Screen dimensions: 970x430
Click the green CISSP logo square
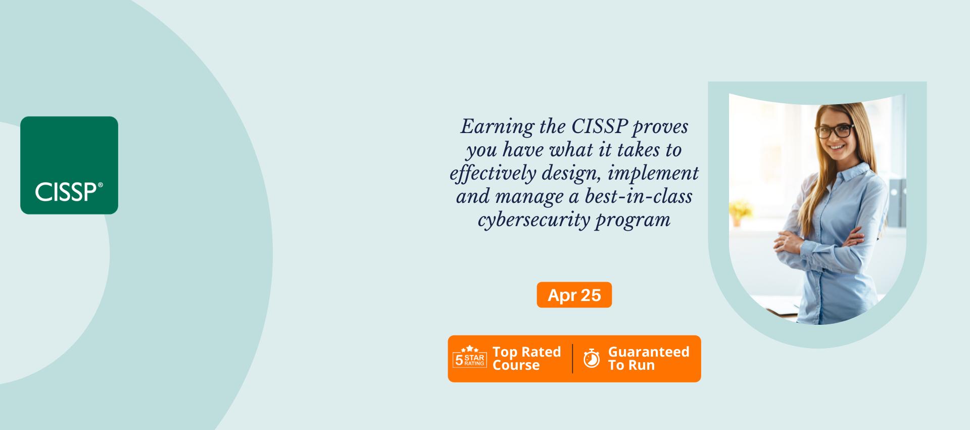point(69,165)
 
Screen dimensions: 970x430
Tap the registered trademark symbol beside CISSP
point(100,185)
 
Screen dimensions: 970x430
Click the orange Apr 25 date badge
point(574,295)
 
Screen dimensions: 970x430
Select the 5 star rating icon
point(470,357)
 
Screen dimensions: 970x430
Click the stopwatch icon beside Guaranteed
point(592,358)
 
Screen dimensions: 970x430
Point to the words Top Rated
point(526,352)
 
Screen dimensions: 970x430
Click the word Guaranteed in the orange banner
point(649,352)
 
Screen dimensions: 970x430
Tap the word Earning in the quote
point(498,127)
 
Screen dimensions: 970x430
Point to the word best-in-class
point(639,196)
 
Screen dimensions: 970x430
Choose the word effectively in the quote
point(493,174)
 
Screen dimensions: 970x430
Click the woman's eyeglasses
point(835,131)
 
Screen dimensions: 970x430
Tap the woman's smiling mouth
point(837,147)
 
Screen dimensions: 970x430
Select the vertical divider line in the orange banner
point(572,359)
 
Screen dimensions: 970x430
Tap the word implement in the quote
point(653,174)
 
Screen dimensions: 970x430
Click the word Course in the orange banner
point(516,365)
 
